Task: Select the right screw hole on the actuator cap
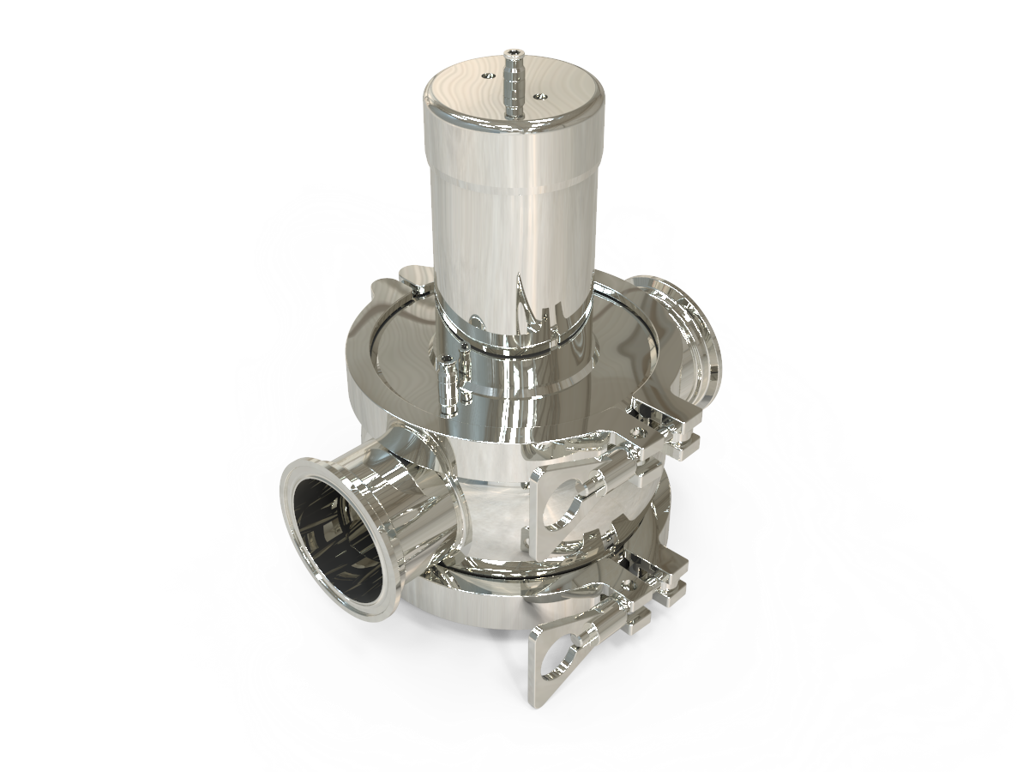[538, 98]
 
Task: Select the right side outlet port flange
[677, 326]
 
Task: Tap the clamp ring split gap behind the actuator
[412, 279]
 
